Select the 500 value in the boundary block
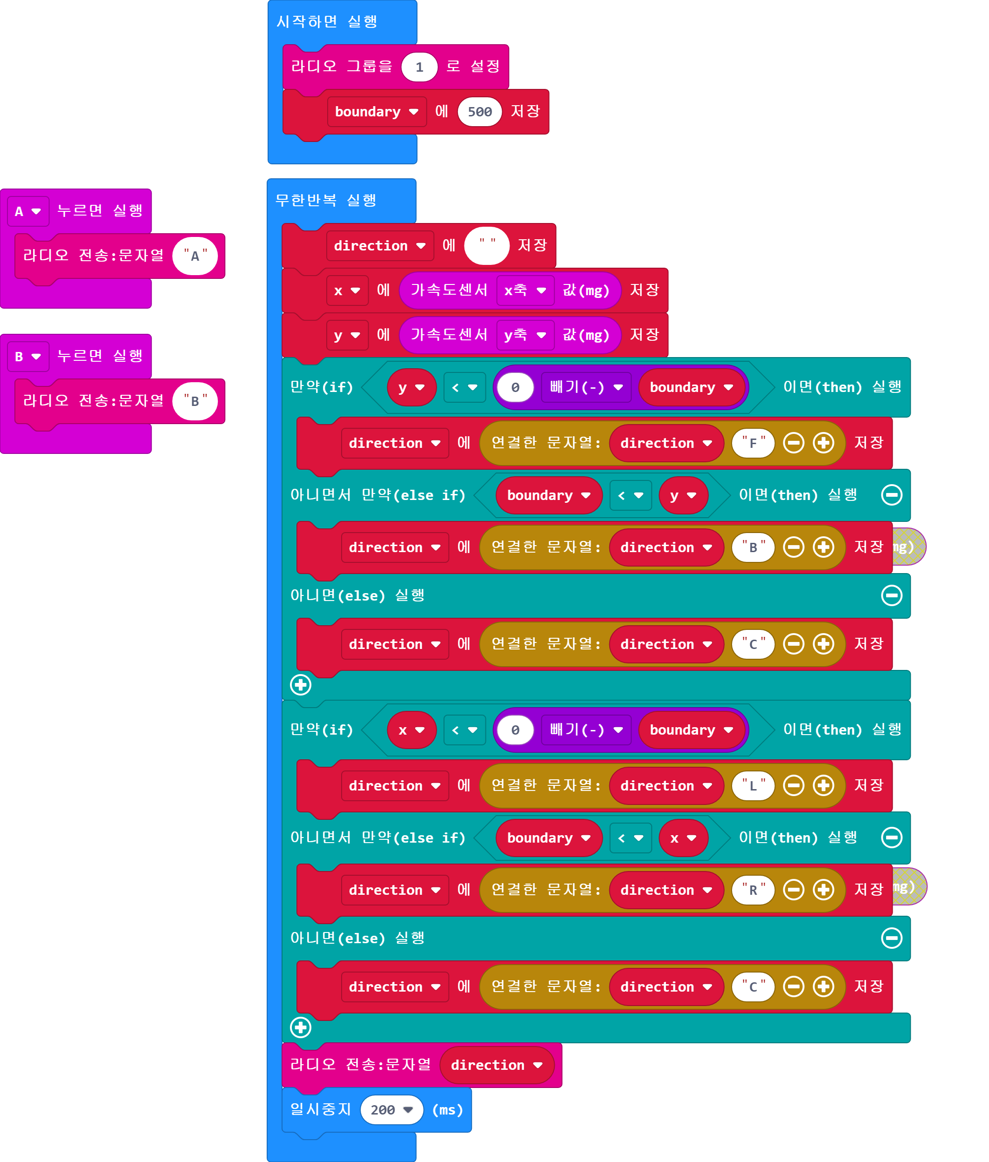click(x=479, y=112)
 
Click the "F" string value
click(x=753, y=443)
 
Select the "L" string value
click(x=753, y=786)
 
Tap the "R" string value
click(x=753, y=890)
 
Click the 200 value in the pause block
click(x=391, y=1110)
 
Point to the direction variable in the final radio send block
click(x=497, y=1065)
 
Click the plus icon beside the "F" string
click(x=823, y=443)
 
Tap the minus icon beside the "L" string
click(x=794, y=786)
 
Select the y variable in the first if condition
click(x=411, y=387)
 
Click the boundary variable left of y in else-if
click(x=548, y=495)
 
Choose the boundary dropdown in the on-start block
click(x=376, y=112)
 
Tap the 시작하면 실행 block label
click(x=327, y=22)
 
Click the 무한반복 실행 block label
click(x=326, y=200)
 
